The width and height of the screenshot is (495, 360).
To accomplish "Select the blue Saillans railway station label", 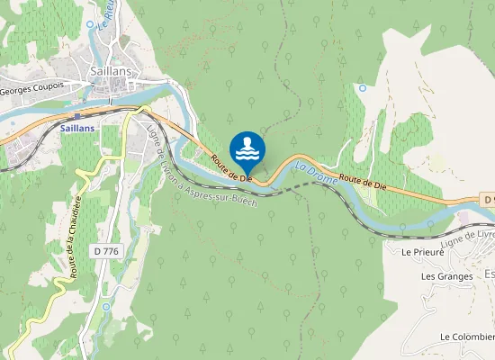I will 78,129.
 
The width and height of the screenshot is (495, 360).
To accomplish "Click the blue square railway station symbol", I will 78,115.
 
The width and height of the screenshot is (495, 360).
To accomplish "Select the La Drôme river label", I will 310,167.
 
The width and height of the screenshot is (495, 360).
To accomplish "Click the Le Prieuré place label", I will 423,252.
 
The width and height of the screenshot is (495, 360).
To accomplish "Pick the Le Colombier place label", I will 466,337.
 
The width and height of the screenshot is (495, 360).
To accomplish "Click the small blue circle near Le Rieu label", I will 90,24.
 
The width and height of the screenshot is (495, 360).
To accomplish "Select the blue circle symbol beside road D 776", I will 105,306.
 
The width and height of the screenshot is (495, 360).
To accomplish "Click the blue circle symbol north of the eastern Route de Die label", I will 362,88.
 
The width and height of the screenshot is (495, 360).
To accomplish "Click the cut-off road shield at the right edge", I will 486,199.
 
